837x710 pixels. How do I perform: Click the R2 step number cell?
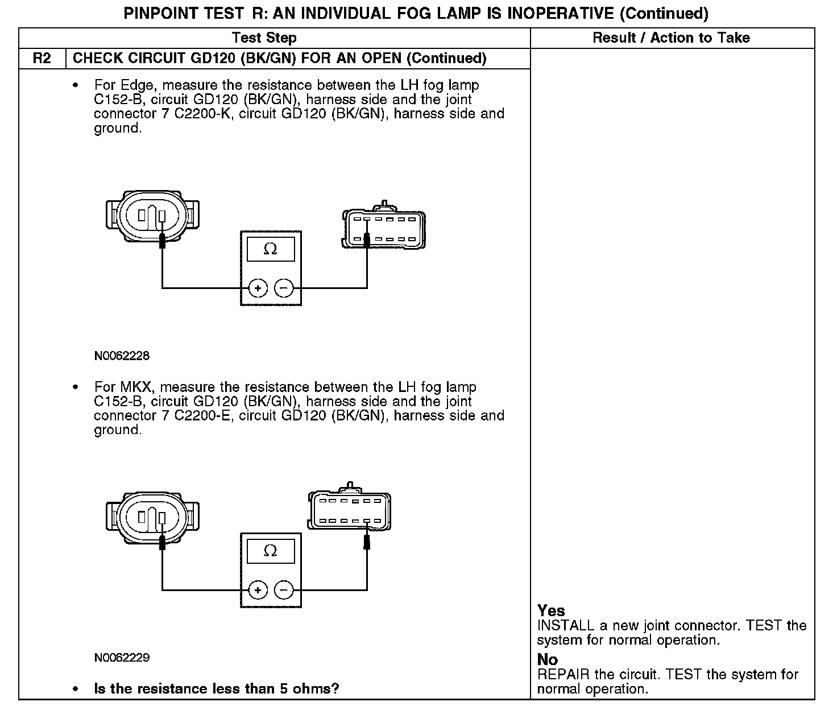coord(42,59)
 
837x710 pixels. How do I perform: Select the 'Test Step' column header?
coord(264,38)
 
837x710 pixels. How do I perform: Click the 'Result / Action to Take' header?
coord(671,38)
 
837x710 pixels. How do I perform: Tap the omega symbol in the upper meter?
coord(271,249)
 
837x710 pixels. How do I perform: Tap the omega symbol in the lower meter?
coord(271,551)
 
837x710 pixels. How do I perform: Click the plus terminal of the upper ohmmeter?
coord(258,288)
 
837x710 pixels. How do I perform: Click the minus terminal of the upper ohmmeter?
coord(284,288)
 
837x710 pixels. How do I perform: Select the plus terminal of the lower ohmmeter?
coord(258,590)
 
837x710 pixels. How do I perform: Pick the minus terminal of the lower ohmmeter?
coord(284,590)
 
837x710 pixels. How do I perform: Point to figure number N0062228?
coord(122,356)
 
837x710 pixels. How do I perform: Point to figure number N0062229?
coord(122,658)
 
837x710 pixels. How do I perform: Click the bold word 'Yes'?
coord(551,611)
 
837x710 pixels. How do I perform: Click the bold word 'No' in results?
coord(547,660)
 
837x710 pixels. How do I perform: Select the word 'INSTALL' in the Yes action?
coord(565,626)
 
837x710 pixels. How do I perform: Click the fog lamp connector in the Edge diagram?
coord(152,214)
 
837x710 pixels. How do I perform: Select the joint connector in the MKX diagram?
coord(349,510)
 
